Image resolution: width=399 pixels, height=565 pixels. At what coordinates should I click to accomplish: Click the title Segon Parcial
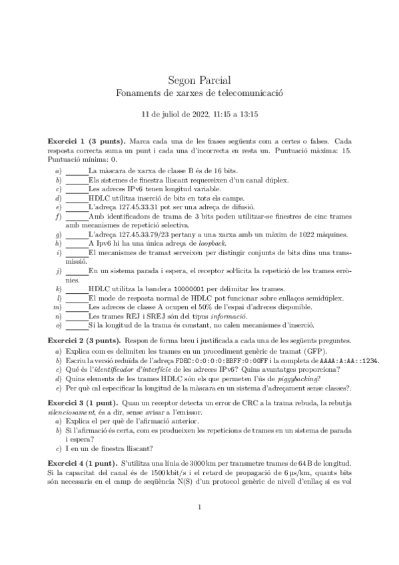(199, 78)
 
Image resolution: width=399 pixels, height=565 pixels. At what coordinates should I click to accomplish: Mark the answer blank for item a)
(77, 172)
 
